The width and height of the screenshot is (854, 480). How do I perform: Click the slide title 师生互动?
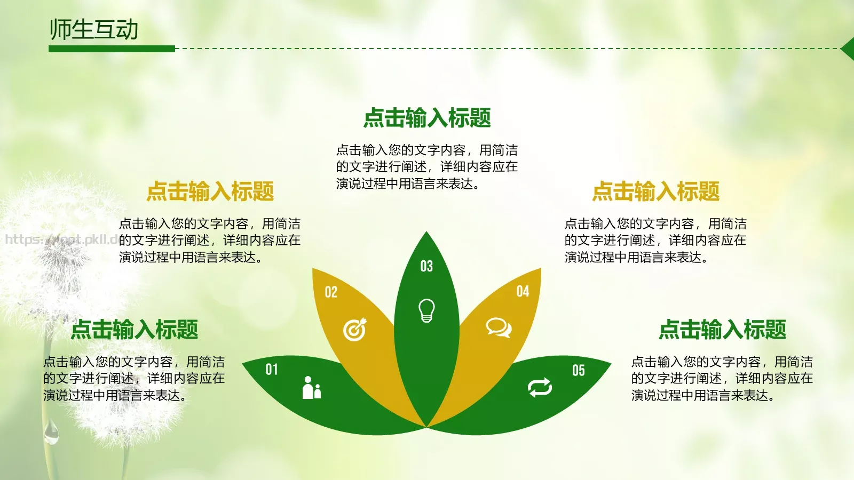pyautogui.click(x=94, y=29)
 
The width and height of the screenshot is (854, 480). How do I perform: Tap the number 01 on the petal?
pyautogui.click(x=272, y=369)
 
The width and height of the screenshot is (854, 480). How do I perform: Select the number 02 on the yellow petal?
pyautogui.click(x=331, y=292)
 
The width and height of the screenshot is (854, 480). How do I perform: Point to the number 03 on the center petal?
pyautogui.click(x=426, y=266)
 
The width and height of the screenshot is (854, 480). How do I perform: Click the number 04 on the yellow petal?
pyautogui.click(x=523, y=291)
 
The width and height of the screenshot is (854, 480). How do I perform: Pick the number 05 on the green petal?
pyautogui.click(x=579, y=370)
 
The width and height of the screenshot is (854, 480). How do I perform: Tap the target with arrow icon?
pyautogui.click(x=355, y=330)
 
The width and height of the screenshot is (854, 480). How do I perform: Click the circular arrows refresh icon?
pyautogui.click(x=540, y=388)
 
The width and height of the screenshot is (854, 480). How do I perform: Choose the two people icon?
pyautogui.click(x=312, y=388)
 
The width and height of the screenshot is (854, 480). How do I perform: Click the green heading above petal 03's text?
pyautogui.click(x=427, y=118)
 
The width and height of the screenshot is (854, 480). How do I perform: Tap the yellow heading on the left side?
pyautogui.click(x=210, y=191)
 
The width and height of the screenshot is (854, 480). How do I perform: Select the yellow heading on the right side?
pyautogui.click(x=656, y=191)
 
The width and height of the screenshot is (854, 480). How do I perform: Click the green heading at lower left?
pyautogui.click(x=135, y=330)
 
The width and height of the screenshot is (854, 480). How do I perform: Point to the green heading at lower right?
pyautogui.click(x=723, y=330)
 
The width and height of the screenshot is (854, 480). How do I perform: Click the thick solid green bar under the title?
pyautogui.click(x=112, y=49)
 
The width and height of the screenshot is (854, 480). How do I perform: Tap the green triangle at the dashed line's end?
pyautogui.click(x=848, y=49)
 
